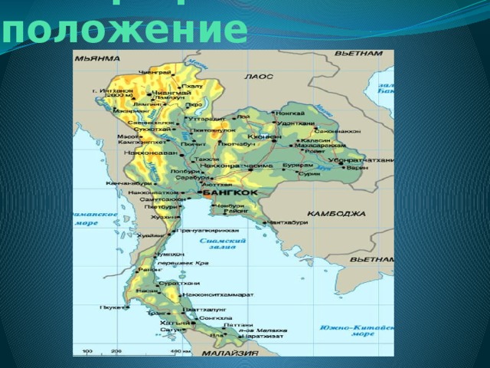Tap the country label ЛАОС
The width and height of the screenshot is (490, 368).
tap(253, 77)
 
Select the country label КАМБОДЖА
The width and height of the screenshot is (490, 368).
tap(336, 214)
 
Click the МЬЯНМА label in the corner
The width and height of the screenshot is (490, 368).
tap(96, 58)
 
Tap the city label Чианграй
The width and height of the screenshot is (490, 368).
tap(150, 72)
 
